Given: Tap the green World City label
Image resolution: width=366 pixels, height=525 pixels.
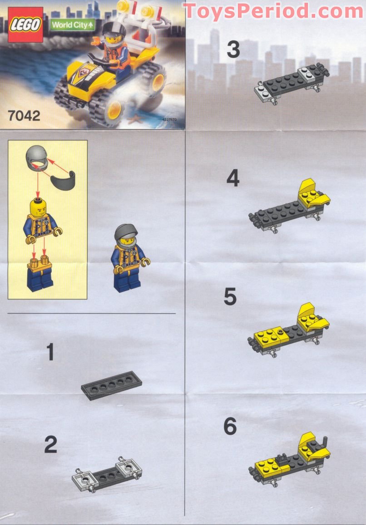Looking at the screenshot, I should pyautogui.click(x=73, y=25).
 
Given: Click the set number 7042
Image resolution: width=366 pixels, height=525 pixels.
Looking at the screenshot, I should pyautogui.click(x=24, y=116).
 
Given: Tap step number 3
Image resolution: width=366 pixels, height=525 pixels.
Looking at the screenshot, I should pyautogui.click(x=233, y=50).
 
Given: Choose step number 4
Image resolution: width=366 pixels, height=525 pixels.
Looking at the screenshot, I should pyautogui.click(x=232, y=179).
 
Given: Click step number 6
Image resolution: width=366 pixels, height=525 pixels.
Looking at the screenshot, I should pyautogui.click(x=230, y=427).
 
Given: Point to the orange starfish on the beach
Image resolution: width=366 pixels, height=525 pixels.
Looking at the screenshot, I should pyautogui.click(x=133, y=120).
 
